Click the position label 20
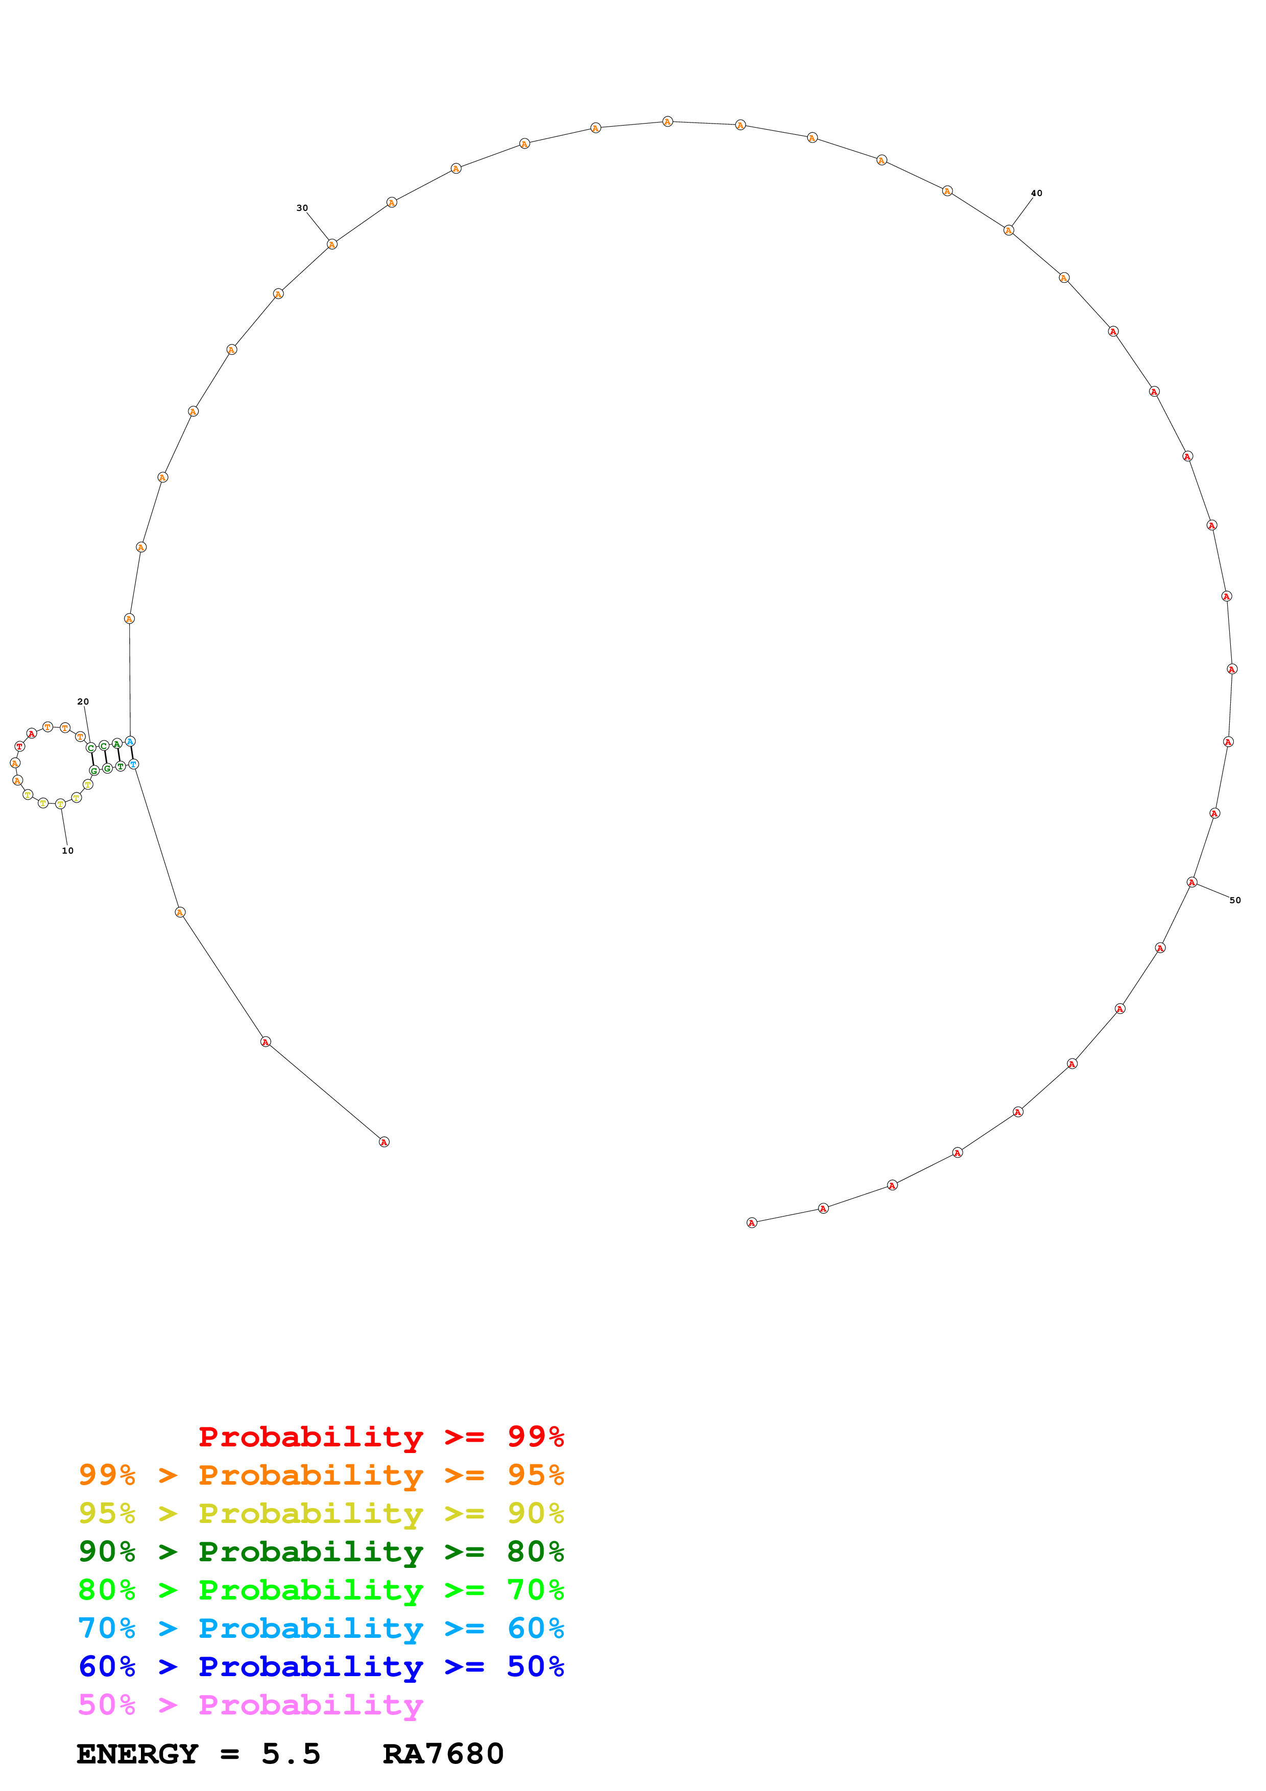tap(83, 701)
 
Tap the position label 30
tap(302, 208)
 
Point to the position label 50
tap(1235, 900)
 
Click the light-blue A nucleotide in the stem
tap(130, 741)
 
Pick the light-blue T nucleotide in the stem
tap(133, 764)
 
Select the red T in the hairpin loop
tap(19, 746)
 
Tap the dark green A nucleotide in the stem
tap(117, 743)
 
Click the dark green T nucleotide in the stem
tap(120, 767)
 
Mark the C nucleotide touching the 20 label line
tap(90, 748)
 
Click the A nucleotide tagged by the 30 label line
tap(331, 244)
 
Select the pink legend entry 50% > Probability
tap(250, 1705)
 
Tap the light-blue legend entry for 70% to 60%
tap(321, 1629)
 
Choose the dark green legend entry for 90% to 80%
tap(321, 1552)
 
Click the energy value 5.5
tap(291, 1754)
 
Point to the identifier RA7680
tap(443, 1754)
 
